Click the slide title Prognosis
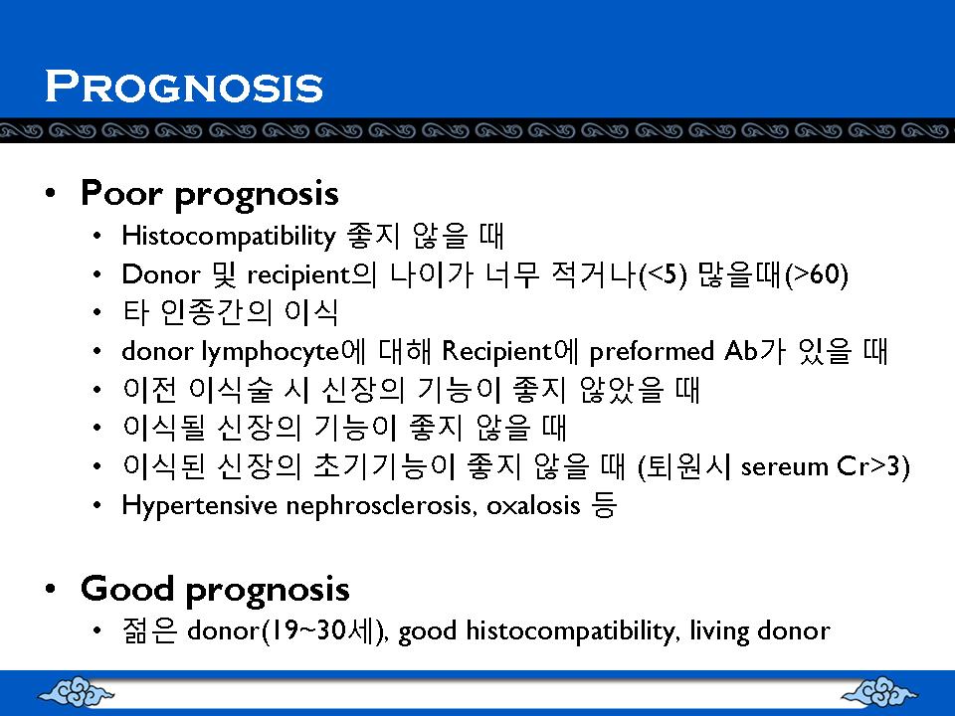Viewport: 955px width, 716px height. click(184, 86)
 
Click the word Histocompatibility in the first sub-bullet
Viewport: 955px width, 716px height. click(229, 237)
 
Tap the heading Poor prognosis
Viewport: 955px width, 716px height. click(210, 194)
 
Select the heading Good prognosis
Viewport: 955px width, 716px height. click(215, 590)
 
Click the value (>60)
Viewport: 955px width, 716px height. click(817, 274)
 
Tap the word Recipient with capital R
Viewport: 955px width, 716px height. click(496, 351)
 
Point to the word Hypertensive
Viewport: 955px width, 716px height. click(199, 506)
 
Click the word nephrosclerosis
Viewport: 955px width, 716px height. click(381, 506)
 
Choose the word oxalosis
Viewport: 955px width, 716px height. click(533, 506)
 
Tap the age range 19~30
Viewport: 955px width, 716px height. click(308, 630)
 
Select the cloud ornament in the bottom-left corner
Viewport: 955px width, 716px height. click(76, 691)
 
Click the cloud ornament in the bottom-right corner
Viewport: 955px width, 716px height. click(878, 691)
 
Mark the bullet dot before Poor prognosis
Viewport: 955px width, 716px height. click(51, 193)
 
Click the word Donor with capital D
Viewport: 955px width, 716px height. click(161, 274)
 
